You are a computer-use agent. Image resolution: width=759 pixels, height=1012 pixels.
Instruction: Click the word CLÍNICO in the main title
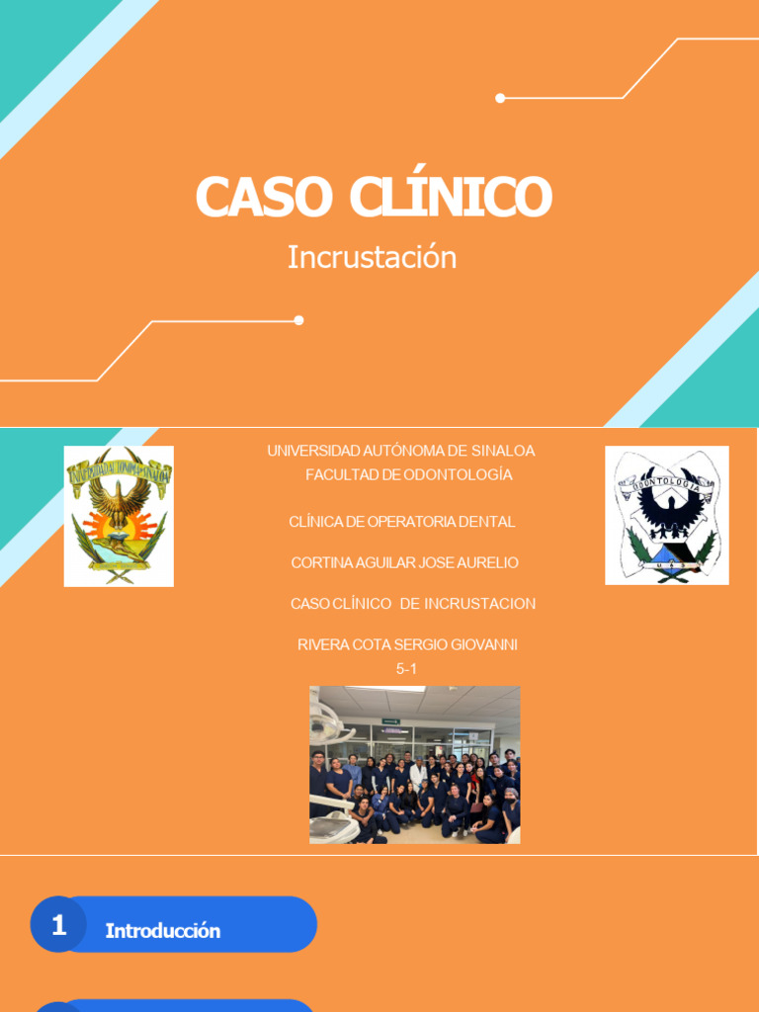click(450, 197)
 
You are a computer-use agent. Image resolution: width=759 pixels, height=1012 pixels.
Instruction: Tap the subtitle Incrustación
click(372, 257)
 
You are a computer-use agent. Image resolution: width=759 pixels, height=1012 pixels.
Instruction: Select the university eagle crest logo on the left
click(119, 516)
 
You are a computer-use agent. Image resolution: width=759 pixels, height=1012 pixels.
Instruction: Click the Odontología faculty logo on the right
click(667, 515)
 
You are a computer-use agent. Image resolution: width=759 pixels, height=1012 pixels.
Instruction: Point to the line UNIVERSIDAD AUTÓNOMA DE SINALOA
click(400, 451)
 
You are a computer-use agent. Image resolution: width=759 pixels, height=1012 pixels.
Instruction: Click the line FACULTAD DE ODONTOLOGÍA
click(408, 474)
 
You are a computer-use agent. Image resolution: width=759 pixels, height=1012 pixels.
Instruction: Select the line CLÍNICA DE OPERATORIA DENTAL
click(401, 522)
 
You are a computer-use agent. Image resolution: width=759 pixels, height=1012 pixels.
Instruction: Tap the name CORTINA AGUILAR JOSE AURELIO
click(404, 562)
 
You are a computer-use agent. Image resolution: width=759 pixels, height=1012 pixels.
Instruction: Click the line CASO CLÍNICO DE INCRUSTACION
click(412, 603)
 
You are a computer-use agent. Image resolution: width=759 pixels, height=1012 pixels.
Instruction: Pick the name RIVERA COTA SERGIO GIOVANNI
click(407, 644)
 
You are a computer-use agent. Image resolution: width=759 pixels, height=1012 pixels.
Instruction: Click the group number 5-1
click(406, 668)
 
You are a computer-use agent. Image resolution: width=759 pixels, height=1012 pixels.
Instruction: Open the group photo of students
click(414, 764)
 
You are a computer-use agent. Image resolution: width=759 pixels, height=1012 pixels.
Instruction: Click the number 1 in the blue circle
click(58, 925)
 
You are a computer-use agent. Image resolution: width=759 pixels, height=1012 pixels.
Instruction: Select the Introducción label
click(163, 931)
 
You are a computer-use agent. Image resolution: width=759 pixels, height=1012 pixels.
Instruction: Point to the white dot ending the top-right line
click(500, 98)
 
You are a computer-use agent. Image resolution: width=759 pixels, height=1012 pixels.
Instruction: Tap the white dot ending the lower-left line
click(298, 320)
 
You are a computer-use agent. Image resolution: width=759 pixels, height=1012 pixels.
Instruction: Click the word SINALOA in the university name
click(503, 451)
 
